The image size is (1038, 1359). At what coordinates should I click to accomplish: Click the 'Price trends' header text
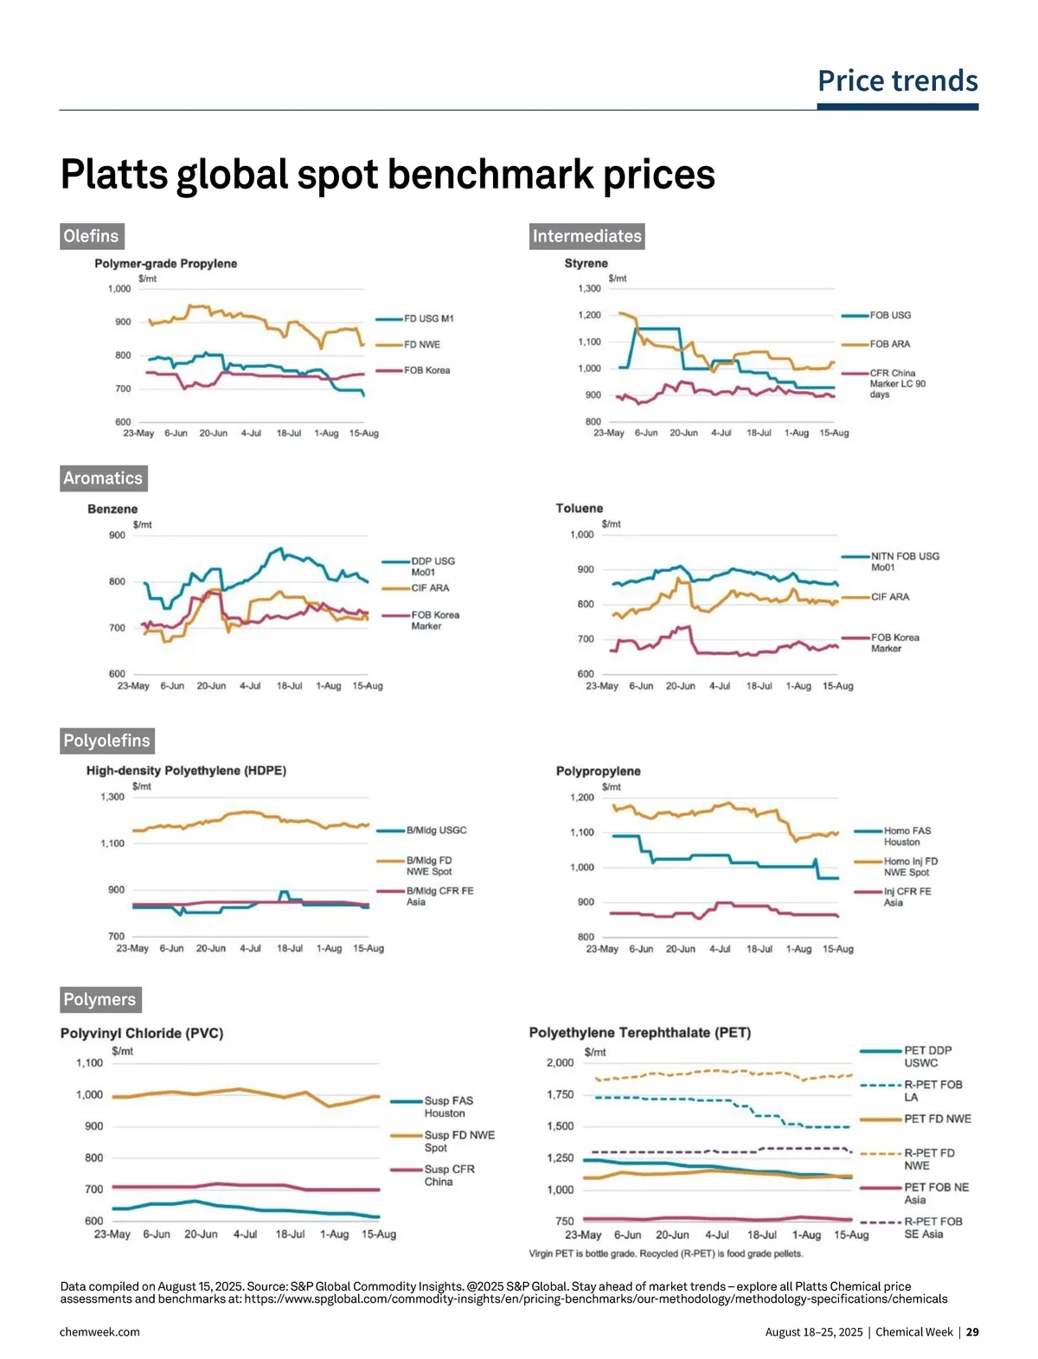pos(897,80)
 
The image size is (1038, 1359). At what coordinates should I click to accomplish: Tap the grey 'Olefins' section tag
pos(91,236)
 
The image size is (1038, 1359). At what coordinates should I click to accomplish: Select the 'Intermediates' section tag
pos(586,236)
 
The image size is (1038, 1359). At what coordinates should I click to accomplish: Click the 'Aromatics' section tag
pos(102,478)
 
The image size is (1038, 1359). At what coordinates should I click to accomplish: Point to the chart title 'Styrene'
pos(586,263)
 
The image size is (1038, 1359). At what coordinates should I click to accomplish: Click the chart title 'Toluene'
pos(579,509)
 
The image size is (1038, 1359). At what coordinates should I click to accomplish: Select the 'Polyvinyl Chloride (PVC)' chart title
pos(142,1033)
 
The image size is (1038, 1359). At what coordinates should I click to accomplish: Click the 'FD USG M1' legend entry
pos(428,318)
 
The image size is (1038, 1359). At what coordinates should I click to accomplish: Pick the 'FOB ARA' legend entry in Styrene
pos(889,344)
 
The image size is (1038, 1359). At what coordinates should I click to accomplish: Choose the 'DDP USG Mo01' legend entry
pos(432,567)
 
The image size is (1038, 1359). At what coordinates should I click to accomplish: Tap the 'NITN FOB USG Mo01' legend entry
pos(904,561)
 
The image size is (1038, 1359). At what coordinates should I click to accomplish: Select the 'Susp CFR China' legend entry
pos(448,1175)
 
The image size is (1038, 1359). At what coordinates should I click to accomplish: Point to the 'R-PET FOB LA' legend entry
pos(932,1091)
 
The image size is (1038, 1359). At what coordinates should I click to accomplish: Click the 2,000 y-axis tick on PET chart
pos(560,1062)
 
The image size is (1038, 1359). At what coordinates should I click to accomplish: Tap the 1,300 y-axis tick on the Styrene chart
pos(589,289)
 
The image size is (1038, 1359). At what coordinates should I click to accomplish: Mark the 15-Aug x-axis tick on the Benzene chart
pos(368,686)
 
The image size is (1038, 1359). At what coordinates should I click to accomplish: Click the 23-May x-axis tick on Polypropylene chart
pos(602,949)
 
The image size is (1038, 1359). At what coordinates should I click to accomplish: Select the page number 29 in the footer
pos(972,1332)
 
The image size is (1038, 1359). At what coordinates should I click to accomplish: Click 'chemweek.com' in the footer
pos(99,1332)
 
